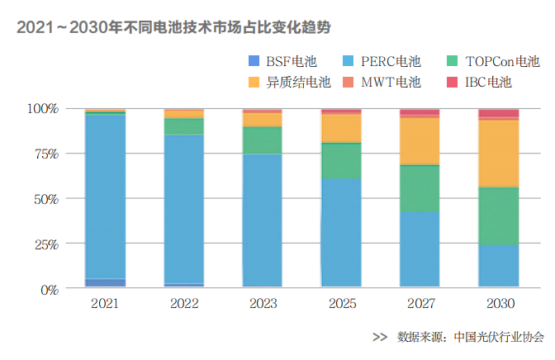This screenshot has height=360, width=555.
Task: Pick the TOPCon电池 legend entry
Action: click(492, 62)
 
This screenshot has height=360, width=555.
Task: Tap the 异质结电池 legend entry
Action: click(288, 83)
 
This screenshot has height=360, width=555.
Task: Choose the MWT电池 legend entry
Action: click(384, 83)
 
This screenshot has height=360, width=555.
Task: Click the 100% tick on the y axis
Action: click(42, 109)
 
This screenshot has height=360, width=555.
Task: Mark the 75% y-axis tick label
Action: click(45, 154)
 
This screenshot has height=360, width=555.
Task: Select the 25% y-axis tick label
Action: click(45, 244)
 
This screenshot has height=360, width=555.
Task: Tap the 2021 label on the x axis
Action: click(105, 304)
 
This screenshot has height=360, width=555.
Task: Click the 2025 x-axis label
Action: click(341, 304)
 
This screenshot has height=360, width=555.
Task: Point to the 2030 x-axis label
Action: click(499, 304)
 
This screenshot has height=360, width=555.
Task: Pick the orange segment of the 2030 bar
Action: click(499, 154)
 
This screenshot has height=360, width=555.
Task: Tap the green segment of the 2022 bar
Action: click(184, 126)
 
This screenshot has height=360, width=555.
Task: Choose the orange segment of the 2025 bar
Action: click(341, 128)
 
